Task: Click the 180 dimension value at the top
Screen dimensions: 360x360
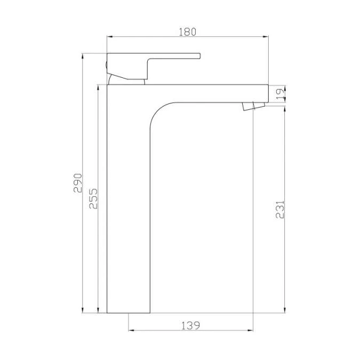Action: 187,31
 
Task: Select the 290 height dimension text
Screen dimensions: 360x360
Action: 78,183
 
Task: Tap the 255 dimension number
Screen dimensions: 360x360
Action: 92,198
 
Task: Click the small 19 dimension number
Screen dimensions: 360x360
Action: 280,94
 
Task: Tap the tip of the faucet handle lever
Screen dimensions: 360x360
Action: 198,55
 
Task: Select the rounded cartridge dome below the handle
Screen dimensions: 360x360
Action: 126,81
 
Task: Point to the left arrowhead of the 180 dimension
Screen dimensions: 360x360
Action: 110,37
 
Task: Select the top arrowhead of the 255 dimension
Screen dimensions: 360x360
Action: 98,87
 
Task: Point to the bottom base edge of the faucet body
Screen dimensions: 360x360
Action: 129,313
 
